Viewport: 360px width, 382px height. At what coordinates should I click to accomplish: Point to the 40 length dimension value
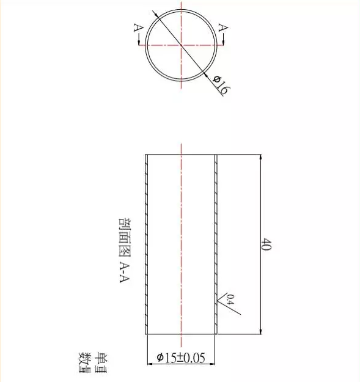tap(266, 245)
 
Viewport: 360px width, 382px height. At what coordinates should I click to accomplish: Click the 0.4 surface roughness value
tap(230, 299)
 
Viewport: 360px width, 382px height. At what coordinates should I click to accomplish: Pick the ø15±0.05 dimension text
tap(180, 358)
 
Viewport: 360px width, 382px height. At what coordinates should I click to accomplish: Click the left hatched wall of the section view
tap(147, 244)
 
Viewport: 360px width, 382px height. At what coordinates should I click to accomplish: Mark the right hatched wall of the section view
tap(216, 244)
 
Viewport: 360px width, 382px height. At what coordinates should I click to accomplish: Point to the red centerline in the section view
tap(182, 244)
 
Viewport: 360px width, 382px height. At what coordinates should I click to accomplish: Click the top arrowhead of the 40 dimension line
tap(261, 158)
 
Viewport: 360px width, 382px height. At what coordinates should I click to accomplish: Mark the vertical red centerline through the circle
tap(182, 67)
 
